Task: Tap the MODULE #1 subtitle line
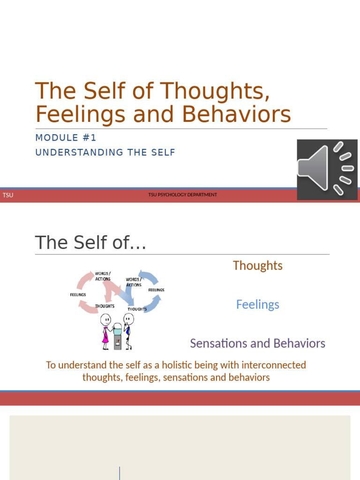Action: [x=66, y=138]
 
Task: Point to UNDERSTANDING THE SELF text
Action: [x=105, y=152]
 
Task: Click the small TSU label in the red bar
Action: [x=8, y=195]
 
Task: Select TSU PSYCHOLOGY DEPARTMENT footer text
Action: [x=182, y=195]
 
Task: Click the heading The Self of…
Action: [x=90, y=243]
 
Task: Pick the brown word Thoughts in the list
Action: [x=257, y=265]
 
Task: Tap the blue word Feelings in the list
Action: [x=257, y=304]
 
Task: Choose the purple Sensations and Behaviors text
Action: [x=257, y=343]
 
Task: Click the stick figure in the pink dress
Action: [x=105, y=332]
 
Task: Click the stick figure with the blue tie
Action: [x=128, y=331]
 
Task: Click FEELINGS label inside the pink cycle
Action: [x=78, y=295]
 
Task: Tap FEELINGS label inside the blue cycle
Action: [x=156, y=290]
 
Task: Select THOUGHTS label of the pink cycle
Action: [x=105, y=306]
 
